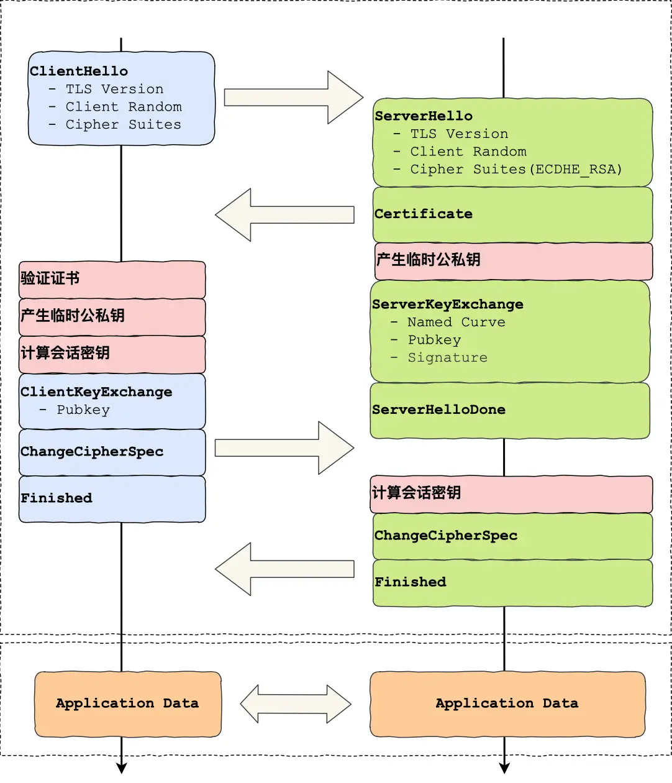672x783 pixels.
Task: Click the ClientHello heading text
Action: point(79,71)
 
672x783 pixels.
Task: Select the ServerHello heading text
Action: point(424,116)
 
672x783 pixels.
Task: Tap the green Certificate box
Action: point(512,214)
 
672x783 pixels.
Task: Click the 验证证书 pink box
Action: point(112,279)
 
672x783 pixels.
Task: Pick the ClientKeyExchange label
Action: point(96,391)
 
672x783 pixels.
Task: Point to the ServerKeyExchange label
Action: point(447,304)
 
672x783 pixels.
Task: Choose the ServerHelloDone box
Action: point(509,410)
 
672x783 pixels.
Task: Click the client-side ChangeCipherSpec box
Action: point(112,452)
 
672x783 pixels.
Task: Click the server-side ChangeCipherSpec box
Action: point(512,536)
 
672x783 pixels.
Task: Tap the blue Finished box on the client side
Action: point(112,498)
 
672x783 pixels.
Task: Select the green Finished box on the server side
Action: point(512,582)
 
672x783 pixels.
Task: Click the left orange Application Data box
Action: point(127,703)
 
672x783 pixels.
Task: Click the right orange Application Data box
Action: point(507,703)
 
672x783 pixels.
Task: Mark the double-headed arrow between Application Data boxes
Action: point(296,704)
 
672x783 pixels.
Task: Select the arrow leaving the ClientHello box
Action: point(293,98)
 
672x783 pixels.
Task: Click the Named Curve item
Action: point(456,322)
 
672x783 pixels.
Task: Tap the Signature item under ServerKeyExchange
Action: point(447,357)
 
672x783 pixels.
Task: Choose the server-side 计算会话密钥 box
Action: point(511,493)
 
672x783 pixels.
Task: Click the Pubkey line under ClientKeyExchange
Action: point(83,410)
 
